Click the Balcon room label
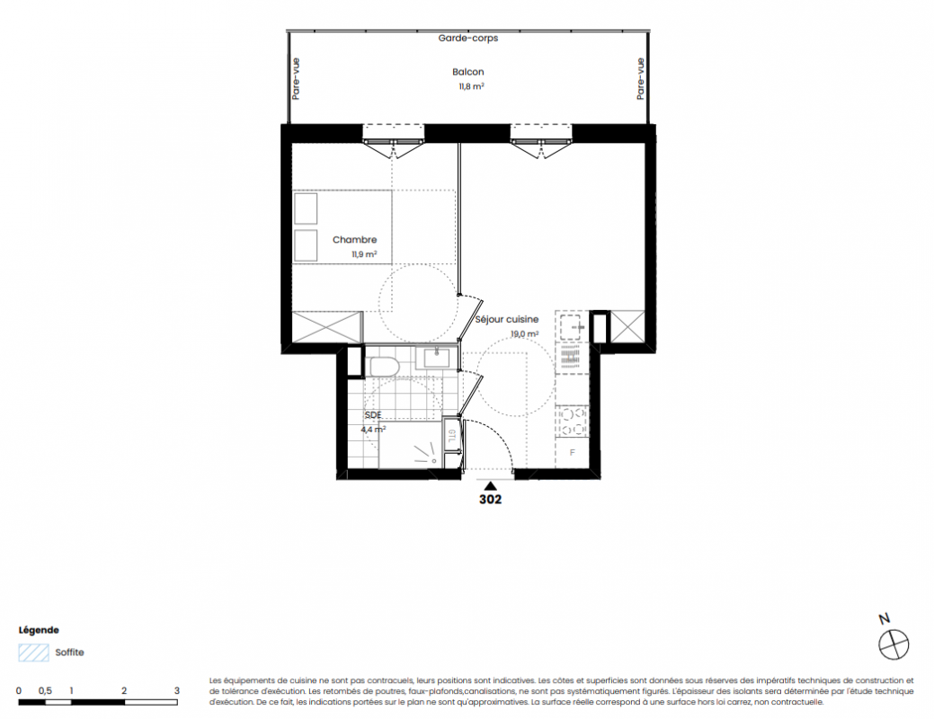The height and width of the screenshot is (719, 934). click(x=467, y=72)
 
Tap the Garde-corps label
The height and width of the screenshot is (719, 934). click(x=468, y=38)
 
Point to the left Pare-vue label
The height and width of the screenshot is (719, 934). click(x=296, y=78)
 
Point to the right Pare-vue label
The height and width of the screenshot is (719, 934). click(x=640, y=78)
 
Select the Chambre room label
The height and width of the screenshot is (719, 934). click(x=354, y=239)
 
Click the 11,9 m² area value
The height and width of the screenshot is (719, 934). click(x=364, y=254)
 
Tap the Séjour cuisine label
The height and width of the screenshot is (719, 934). click(x=506, y=319)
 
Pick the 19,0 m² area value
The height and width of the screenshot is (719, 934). click(x=524, y=334)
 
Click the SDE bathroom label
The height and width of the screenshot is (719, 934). click(x=373, y=414)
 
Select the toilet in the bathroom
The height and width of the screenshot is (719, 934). click(x=384, y=367)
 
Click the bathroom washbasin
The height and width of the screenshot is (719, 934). click(x=437, y=359)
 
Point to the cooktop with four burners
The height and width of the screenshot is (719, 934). click(x=572, y=422)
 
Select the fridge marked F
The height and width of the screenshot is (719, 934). click(x=572, y=453)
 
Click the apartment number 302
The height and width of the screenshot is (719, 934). click(x=490, y=499)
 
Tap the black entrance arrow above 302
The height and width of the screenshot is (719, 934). click(x=490, y=486)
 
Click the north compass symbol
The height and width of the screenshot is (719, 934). click(x=894, y=644)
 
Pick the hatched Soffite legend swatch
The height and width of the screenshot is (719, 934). click(x=33, y=652)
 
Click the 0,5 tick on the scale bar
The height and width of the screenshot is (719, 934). click(x=45, y=691)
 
